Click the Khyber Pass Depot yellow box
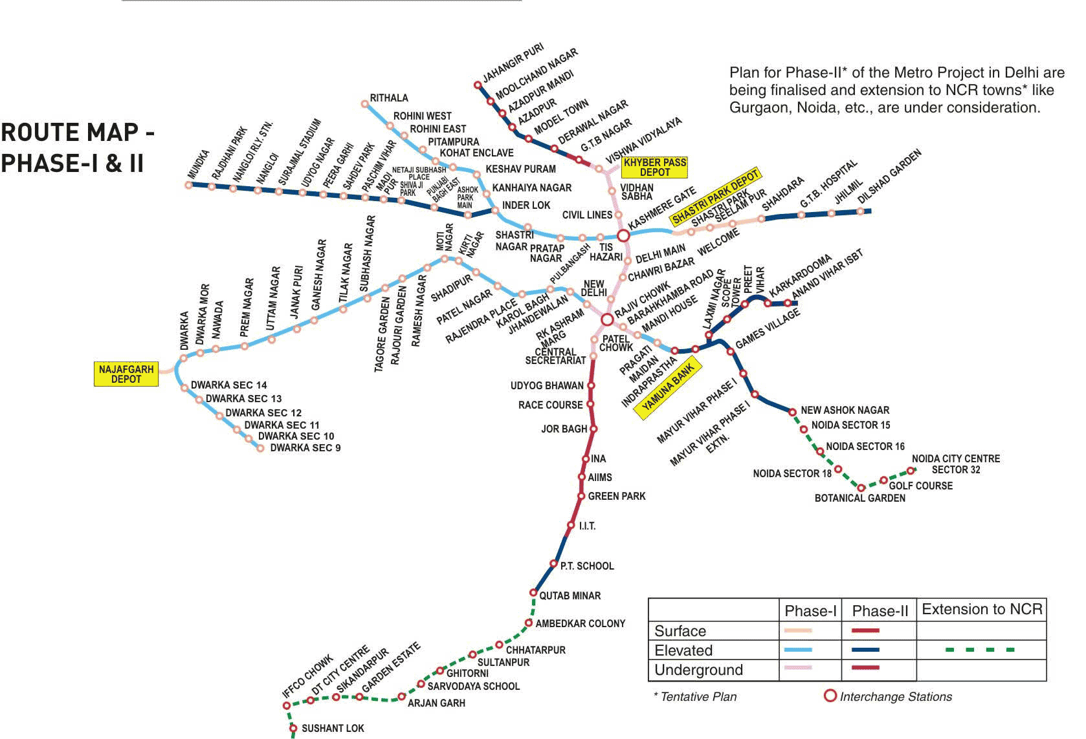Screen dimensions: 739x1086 click(x=654, y=167)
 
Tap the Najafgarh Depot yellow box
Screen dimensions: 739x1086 click(x=126, y=374)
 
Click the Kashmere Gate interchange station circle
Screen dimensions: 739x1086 click(x=623, y=236)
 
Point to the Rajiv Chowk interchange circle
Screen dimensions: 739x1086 click(x=607, y=319)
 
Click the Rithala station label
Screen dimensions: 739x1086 click(x=389, y=98)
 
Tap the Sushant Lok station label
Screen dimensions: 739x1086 click(x=333, y=729)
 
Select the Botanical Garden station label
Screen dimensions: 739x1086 click(x=859, y=498)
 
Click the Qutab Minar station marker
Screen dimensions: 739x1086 click(x=533, y=593)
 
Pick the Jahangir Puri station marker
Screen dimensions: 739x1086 click(x=478, y=85)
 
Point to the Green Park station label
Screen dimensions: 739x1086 click(x=616, y=497)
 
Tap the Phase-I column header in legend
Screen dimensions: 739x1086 click(x=810, y=611)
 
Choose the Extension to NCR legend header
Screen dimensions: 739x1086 click(x=982, y=610)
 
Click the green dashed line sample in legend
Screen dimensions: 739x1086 click(x=980, y=650)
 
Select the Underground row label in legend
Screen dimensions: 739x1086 click(x=698, y=670)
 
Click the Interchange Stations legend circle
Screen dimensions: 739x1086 click(x=830, y=696)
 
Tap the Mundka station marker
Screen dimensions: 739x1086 click(x=189, y=185)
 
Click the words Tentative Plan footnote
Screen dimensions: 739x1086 click(x=698, y=697)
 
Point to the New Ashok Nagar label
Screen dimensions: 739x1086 click(x=845, y=411)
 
